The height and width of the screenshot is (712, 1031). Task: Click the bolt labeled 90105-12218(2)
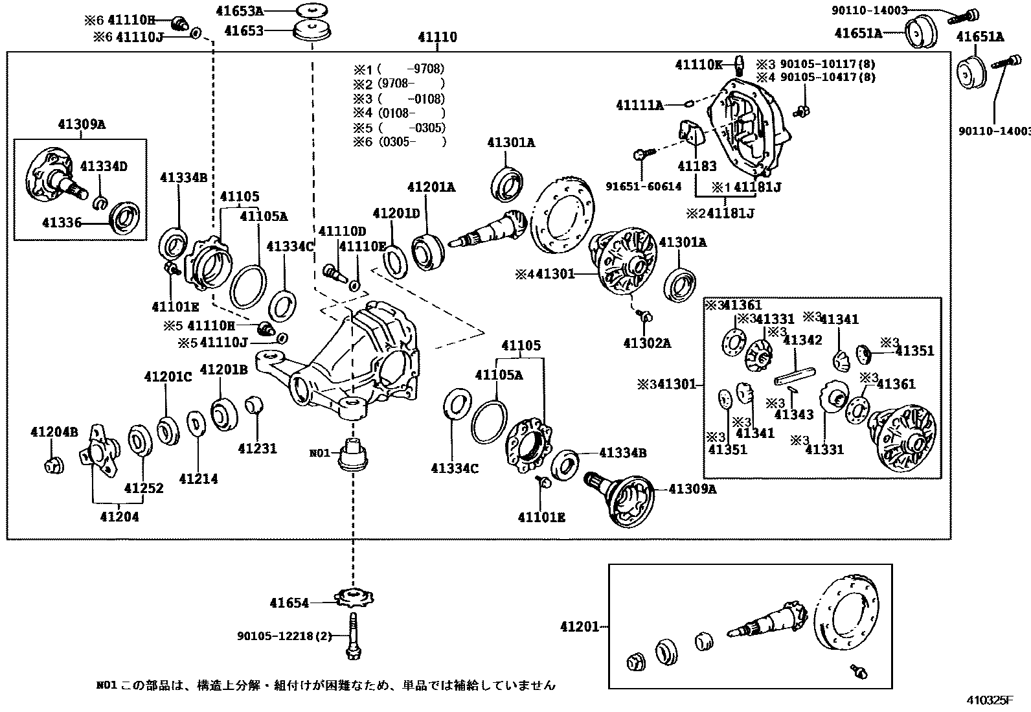pyautogui.click(x=353, y=636)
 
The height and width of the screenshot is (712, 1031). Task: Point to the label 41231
pyautogui.click(x=257, y=448)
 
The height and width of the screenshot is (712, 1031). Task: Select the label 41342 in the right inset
pyautogui.click(x=802, y=340)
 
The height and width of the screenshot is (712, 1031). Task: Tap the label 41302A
pyautogui.click(x=647, y=343)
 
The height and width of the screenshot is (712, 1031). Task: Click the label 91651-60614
pyautogui.click(x=644, y=186)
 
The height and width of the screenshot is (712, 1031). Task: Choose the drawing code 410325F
pyautogui.click(x=990, y=700)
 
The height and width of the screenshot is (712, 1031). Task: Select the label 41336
pyautogui.click(x=62, y=223)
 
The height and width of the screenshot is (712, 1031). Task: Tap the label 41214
pyautogui.click(x=198, y=479)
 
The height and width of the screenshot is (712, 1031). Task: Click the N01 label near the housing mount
pyautogui.click(x=320, y=453)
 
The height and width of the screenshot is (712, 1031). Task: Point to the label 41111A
pyautogui.click(x=640, y=104)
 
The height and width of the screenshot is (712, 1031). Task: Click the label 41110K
pyautogui.click(x=698, y=64)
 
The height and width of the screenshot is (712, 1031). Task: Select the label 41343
pyautogui.click(x=794, y=415)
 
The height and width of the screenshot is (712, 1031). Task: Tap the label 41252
pyautogui.click(x=144, y=488)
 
